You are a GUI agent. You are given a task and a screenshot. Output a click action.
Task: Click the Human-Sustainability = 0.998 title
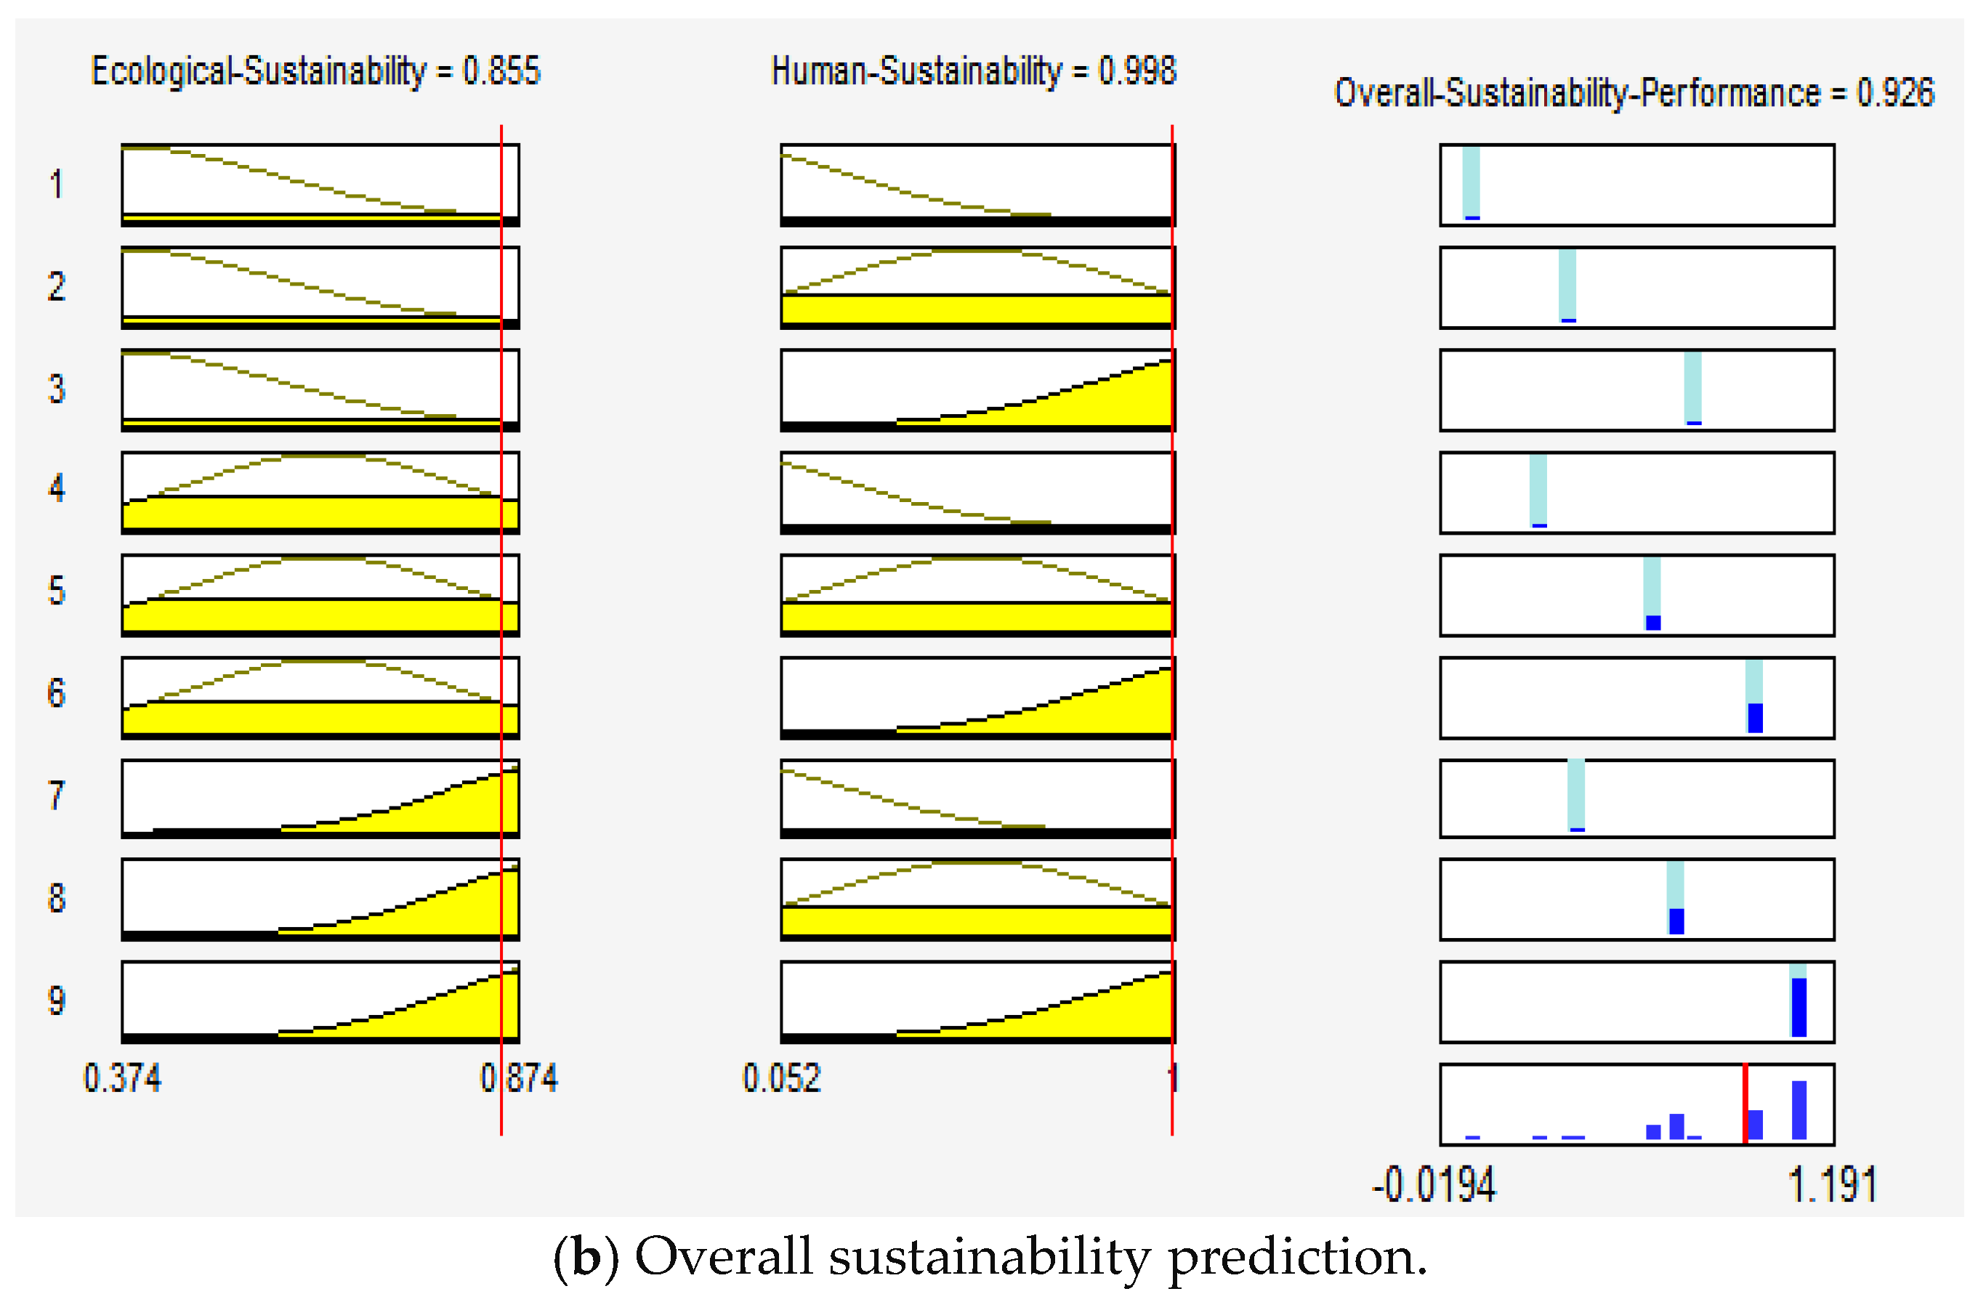[973, 71]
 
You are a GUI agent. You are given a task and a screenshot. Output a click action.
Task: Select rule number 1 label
[56, 184]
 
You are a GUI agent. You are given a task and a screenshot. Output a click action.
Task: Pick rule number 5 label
[56, 591]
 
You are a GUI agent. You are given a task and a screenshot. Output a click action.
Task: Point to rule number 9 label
[56, 1000]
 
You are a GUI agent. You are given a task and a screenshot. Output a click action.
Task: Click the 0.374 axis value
[122, 1078]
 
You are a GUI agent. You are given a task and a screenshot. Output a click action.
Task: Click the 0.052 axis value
[781, 1078]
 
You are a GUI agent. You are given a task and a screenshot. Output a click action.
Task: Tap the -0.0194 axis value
[1434, 1186]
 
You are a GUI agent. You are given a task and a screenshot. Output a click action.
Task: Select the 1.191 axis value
[1831, 1186]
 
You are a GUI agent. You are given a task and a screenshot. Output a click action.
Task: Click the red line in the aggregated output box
[1745, 1104]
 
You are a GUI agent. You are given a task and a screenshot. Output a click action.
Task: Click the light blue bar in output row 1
[1471, 182]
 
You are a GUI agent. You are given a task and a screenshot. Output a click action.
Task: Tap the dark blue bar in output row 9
[1799, 1008]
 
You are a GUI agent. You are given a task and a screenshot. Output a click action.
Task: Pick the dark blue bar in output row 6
[1755, 718]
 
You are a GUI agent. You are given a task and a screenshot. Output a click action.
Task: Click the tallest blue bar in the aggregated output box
[1799, 1110]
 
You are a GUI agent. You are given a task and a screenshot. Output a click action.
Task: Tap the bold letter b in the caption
[586, 1258]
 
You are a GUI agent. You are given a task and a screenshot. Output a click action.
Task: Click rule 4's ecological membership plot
[320, 493]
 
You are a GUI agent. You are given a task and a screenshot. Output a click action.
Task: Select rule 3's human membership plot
[977, 390]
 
